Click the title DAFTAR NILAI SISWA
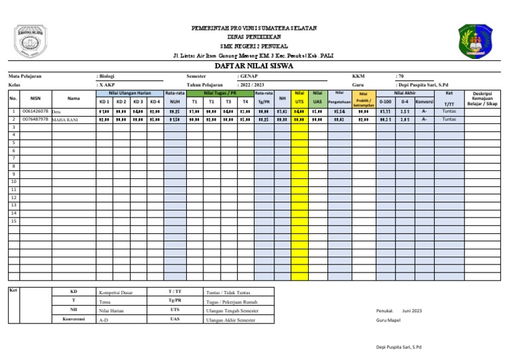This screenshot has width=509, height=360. (254, 66)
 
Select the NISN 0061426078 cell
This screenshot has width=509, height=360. (36, 112)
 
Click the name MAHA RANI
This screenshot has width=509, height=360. (64, 120)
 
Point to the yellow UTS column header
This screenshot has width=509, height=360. (300, 101)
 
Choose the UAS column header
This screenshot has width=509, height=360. (317, 101)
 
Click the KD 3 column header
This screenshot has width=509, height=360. (138, 102)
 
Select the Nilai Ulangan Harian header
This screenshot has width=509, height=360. (129, 93)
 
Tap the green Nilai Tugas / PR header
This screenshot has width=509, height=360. (219, 93)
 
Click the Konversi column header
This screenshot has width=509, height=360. (424, 102)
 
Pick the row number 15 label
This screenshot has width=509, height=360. (13, 221)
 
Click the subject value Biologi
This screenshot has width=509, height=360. (108, 77)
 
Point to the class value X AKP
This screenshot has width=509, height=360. (107, 85)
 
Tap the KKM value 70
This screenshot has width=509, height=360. (401, 77)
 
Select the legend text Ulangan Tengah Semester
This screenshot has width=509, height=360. (230, 310)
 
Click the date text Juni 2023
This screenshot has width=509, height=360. (412, 310)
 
